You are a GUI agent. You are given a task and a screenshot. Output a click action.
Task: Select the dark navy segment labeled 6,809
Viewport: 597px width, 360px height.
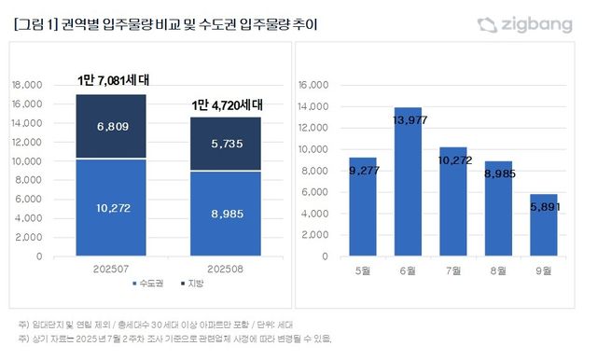point(110,126)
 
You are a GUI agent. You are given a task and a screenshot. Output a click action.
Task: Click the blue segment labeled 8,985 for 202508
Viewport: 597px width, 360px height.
point(226,213)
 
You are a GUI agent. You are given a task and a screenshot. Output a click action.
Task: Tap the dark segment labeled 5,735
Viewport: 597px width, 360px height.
point(226,145)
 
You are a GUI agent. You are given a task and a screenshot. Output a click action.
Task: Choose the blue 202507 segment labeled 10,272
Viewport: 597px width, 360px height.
point(110,207)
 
